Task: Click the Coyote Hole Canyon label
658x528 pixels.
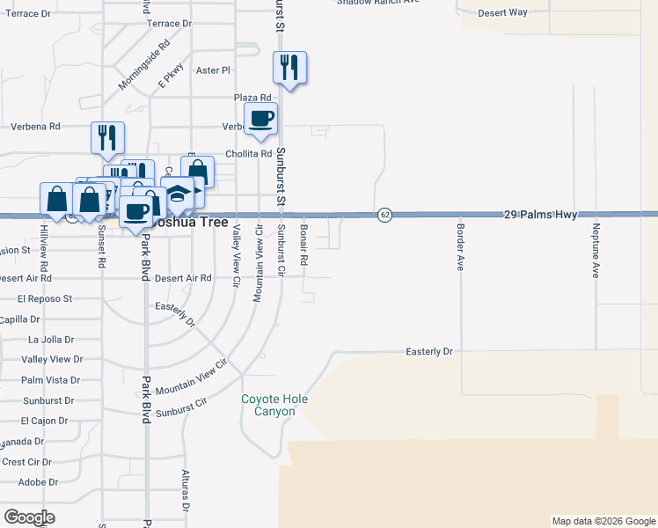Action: (275, 405)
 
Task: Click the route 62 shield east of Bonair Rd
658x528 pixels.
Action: (384, 215)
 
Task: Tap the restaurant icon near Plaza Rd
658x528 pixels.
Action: (289, 67)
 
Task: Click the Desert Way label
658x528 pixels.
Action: (502, 12)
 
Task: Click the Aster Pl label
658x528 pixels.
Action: (213, 70)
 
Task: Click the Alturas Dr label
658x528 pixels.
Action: (186, 490)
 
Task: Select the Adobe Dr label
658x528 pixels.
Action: (38, 481)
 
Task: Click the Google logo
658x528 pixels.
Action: (30, 517)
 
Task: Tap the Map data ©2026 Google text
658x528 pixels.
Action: (603, 521)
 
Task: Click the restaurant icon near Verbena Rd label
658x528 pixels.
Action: (107, 136)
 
